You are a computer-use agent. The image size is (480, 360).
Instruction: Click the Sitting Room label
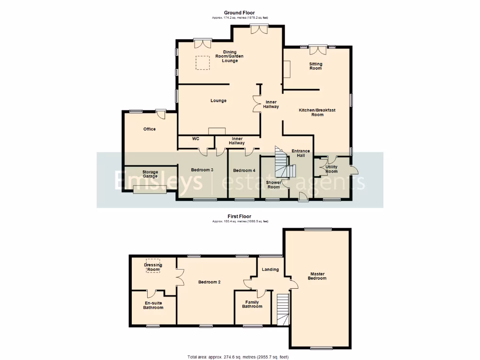click(x=315, y=66)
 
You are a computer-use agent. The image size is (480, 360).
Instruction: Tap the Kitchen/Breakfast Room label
click(x=317, y=112)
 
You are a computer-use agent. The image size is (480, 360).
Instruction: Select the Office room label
click(x=150, y=129)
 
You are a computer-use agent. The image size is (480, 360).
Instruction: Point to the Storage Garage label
click(x=150, y=174)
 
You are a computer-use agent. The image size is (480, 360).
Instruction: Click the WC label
click(x=196, y=139)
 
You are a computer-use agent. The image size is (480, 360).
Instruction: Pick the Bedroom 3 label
click(x=202, y=170)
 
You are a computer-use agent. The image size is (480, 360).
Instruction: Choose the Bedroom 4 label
click(x=244, y=170)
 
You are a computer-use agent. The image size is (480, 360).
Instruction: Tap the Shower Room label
click(x=273, y=185)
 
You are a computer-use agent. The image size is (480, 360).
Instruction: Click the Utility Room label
click(x=331, y=169)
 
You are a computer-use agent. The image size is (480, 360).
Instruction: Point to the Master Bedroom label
click(x=317, y=276)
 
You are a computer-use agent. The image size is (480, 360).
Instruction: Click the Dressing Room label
click(x=153, y=267)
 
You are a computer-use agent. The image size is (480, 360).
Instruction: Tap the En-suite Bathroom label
click(x=153, y=305)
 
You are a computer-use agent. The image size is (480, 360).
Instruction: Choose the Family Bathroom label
click(x=252, y=304)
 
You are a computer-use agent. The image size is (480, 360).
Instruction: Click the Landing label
click(x=270, y=270)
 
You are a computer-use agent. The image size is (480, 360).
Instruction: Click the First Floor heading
click(x=240, y=217)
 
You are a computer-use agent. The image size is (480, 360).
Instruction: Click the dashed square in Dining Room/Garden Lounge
click(x=202, y=63)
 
